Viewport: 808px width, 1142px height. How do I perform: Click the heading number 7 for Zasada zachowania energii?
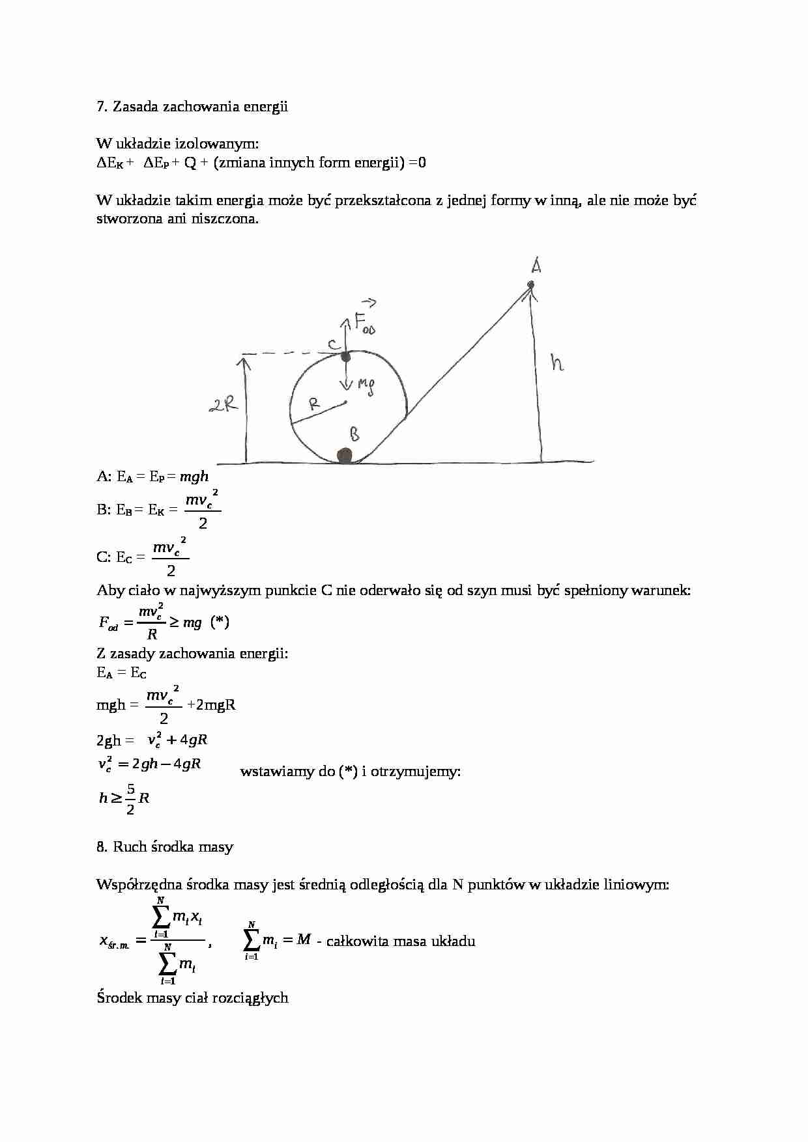coord(101,107)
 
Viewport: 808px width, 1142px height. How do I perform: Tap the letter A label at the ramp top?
coord(536,265)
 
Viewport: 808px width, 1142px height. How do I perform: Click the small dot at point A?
coord(531,285)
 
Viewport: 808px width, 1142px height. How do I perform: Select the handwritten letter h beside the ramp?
coord(556,362)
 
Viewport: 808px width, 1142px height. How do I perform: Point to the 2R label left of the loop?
coord(223,406)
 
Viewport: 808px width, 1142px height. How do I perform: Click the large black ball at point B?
coord(344,455)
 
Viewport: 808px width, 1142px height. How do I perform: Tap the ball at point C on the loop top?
coord(346,357)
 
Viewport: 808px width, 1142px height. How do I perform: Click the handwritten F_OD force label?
coord(364,322)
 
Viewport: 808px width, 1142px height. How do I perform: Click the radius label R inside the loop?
coord(314,404)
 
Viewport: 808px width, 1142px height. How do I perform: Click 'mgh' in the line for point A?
coord(194,477)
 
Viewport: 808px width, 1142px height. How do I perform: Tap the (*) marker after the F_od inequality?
coord(220,622)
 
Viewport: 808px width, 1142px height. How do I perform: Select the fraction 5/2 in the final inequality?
coord(130,798)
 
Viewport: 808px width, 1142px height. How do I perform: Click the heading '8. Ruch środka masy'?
coord(164,847)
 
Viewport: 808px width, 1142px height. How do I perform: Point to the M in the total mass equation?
coord(303,940)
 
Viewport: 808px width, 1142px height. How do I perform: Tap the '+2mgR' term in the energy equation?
coord(211,704)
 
